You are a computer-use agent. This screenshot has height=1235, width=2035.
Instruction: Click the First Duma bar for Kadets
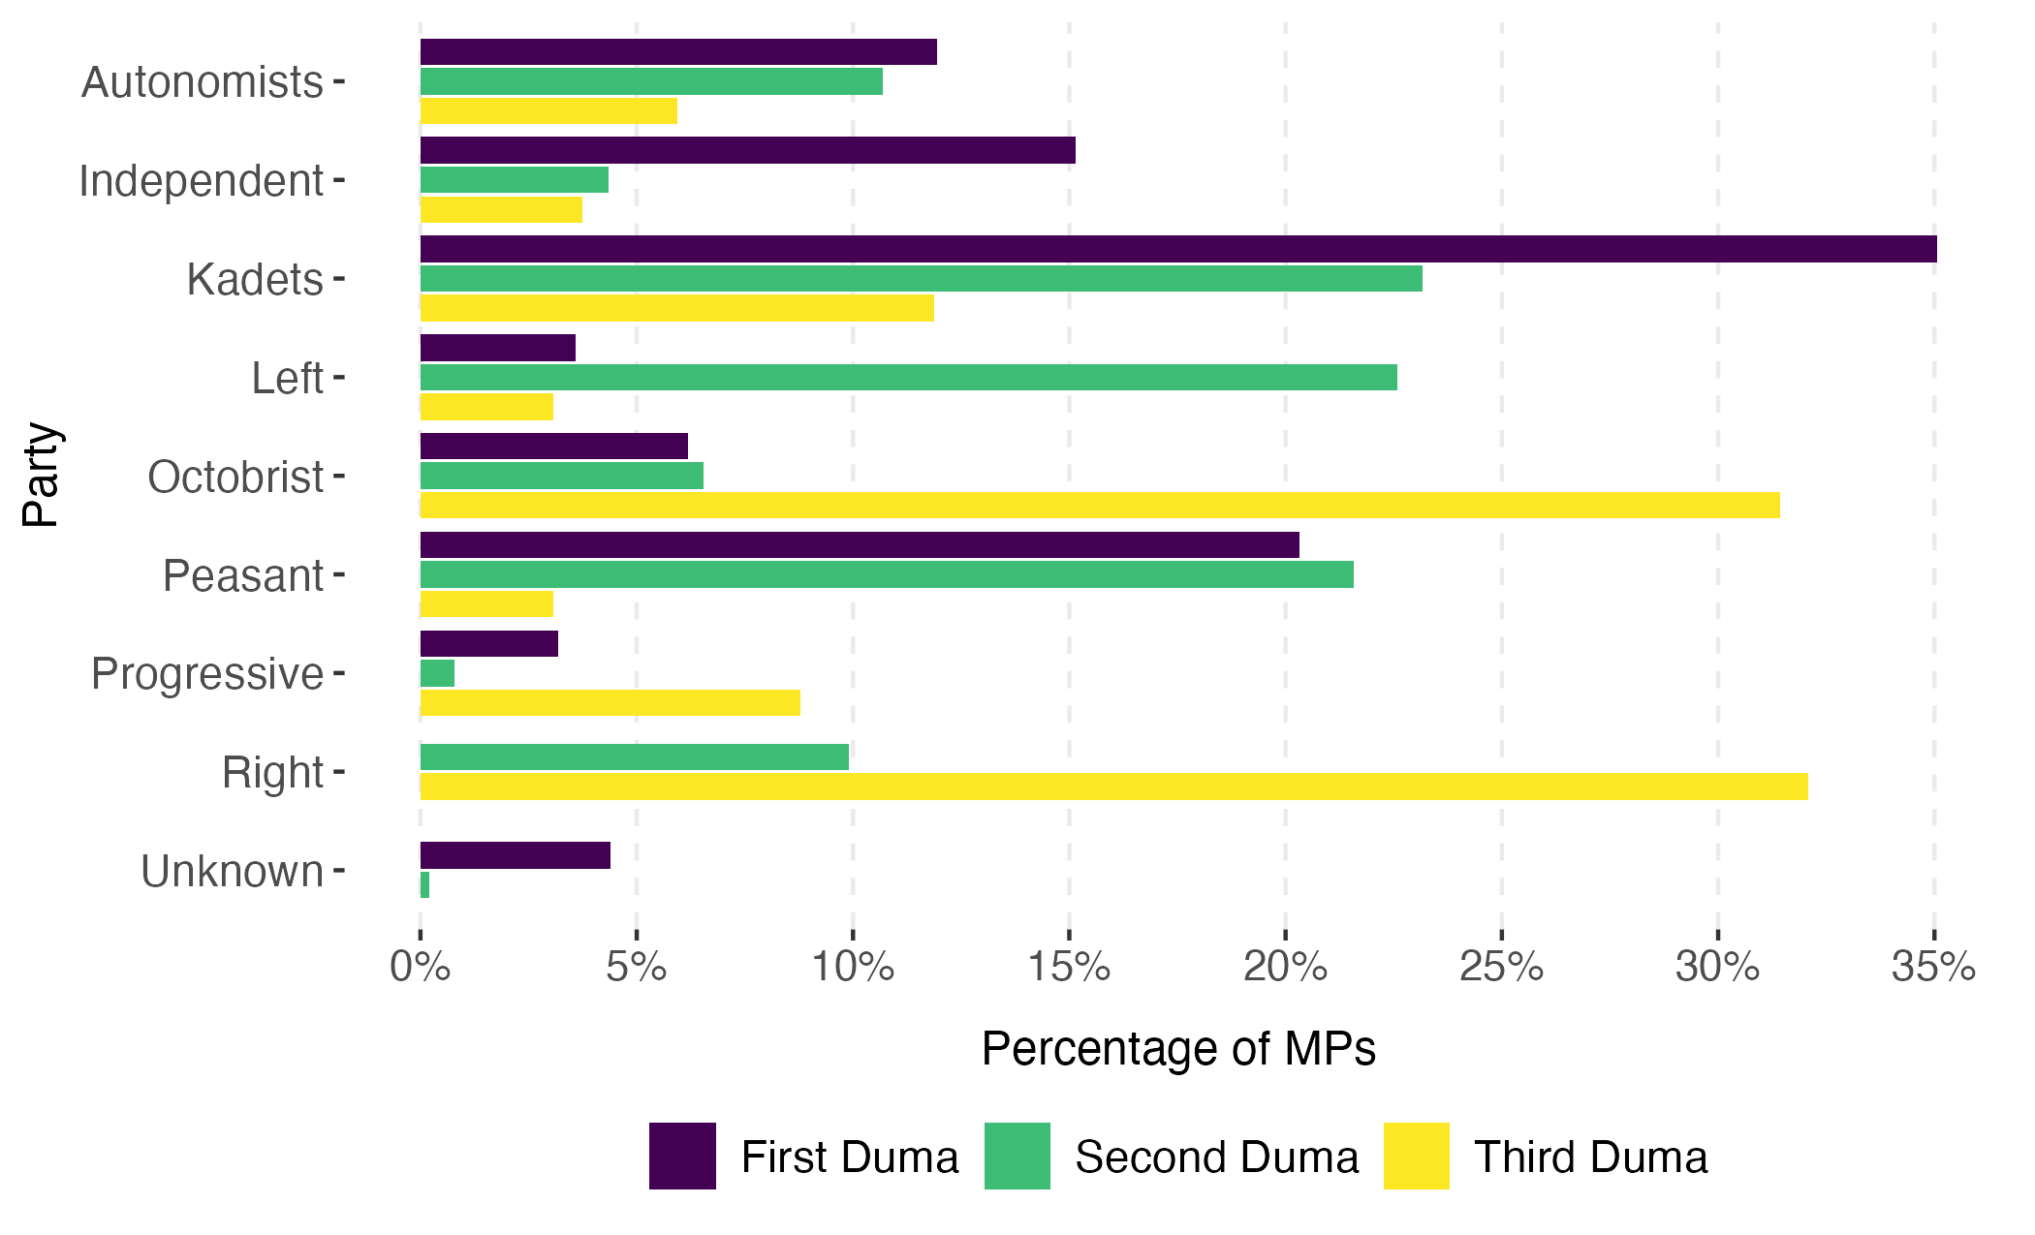[x=1177, y=249]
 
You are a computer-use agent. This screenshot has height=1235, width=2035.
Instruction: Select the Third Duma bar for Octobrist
[x=1100, y=506]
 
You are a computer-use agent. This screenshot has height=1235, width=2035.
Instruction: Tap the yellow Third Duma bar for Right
[x=1113, y=787]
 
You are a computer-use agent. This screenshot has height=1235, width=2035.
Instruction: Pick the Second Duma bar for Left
[x=908, y=378]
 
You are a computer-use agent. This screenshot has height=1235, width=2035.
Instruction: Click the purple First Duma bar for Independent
[x=747, y=150]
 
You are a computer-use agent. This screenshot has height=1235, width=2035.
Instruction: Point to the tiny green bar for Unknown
[x=424, y=885]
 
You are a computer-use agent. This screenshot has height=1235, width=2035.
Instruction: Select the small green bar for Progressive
[x=437, y=674]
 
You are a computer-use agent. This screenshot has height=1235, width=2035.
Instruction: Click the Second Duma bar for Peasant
[x=887, y=575]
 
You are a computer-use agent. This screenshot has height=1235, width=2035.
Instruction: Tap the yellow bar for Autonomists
[x=548, y=111]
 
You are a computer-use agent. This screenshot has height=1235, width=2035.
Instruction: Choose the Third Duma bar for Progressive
[x=610, y=703]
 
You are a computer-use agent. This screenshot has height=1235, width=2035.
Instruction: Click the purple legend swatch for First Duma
[x=682, y=1156]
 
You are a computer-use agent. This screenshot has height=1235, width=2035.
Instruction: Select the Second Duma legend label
[x=1216, y=1158]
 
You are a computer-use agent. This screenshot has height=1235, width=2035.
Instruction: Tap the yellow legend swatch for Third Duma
[x=1416, y=1156]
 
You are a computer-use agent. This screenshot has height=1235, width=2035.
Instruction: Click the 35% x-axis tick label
[x=1933, y=967]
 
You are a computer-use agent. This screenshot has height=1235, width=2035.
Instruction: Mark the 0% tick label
[x=420, y=967]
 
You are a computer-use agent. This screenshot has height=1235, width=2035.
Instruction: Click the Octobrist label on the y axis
[x=235, y=478]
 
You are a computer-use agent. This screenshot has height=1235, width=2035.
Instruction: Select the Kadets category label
[x=255, y=280]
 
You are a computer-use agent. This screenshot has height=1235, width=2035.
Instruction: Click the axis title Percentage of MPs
[x=1177, y=1049]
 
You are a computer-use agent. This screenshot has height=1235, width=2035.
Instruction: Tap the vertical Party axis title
[x=42, y=475]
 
